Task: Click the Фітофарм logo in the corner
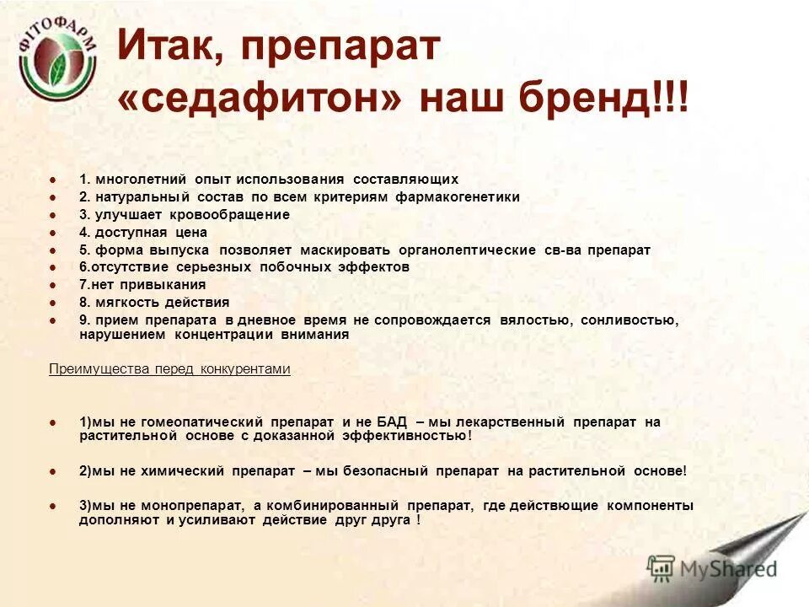(x=57, y=67)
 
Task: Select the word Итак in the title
(x=164, y=46)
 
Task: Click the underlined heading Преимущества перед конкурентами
(x=169, y=369)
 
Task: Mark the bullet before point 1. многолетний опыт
(x=53, y=180)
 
